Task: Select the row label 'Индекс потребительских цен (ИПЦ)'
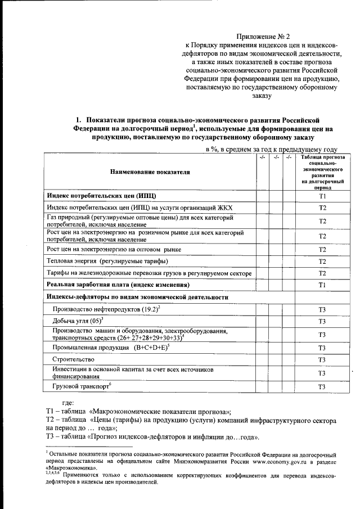101,195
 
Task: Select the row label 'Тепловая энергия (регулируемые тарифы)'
107,261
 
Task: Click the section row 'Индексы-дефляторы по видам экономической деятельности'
138,296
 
